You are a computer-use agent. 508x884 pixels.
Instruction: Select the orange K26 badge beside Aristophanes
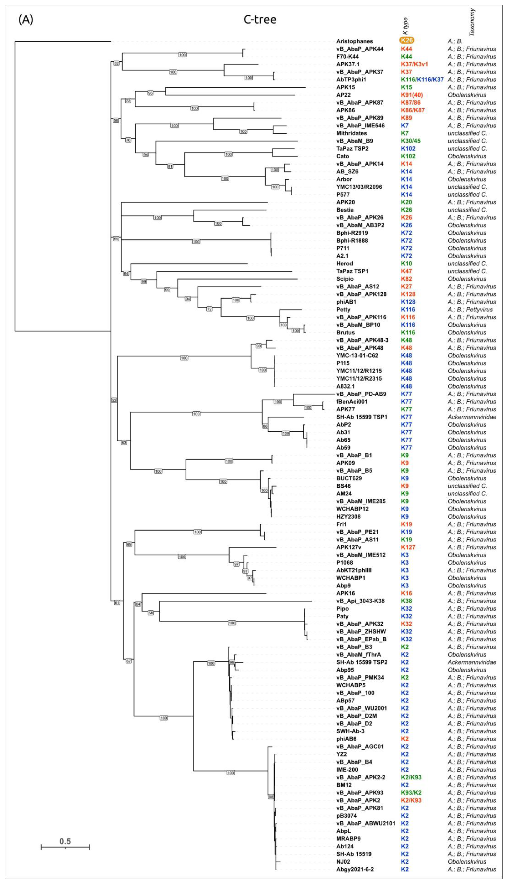[406, 41]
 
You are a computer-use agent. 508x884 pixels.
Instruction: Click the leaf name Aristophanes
[355, 41]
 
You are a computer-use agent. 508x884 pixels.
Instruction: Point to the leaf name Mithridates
[351, 133]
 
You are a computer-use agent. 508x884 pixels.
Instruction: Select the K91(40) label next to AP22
[412, 95]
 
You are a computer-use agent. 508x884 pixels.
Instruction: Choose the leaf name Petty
[343, 310]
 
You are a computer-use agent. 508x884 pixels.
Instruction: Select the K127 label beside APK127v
[408, 548]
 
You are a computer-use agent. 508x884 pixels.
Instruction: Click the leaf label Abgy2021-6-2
[355, 870]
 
